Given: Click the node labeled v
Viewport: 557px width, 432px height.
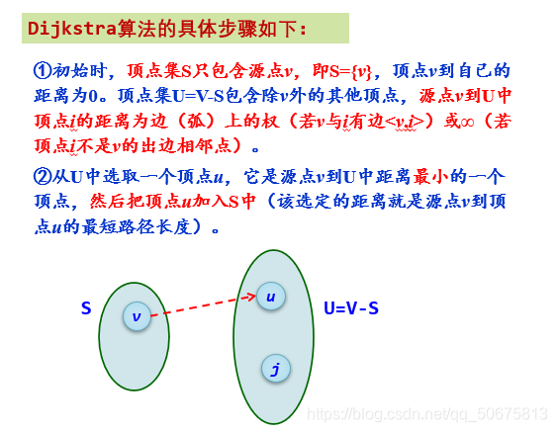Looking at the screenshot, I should point(139,316).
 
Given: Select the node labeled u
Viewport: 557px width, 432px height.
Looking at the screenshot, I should point(270,296).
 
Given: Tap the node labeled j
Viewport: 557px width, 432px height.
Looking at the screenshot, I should point(275,370).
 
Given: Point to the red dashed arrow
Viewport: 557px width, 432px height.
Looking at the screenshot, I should point(203,306).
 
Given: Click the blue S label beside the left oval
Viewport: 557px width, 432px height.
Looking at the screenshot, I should point(86,308).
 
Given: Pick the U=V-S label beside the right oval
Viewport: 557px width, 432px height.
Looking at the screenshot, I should point(351,308).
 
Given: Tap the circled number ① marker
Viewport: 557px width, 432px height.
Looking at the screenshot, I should point(42,71).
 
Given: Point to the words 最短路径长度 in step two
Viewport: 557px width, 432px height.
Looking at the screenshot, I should point(151,226).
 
